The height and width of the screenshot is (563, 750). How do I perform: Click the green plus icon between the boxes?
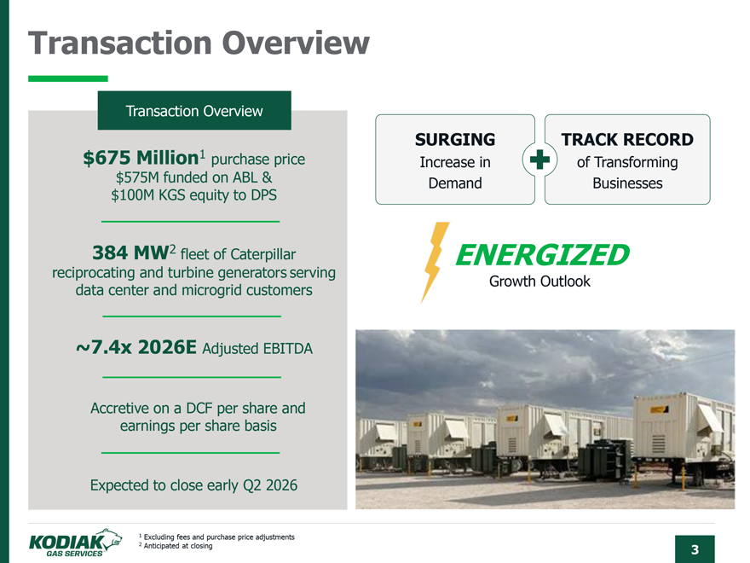(539, 160)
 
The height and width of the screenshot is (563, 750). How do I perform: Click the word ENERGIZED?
(542, 254)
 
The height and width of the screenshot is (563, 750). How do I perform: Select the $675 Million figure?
(141, 158)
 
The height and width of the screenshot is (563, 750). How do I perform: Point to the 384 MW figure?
(130, 252)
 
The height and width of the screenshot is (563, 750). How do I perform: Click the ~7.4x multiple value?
(103, 347)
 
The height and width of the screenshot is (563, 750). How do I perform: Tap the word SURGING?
(455, 139)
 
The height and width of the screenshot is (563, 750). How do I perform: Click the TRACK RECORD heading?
(627, 139)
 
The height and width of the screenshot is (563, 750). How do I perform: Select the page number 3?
(695, 549)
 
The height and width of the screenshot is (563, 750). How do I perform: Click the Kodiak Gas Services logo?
(75, 543)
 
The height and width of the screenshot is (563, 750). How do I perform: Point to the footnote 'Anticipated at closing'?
(178, 546)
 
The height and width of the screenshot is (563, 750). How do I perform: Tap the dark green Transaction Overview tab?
(194, 111)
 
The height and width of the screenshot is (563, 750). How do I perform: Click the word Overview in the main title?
(296, 44)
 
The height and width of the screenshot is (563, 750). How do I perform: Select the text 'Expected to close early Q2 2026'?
(193, 485)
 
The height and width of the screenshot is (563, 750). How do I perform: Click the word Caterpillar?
(262, 254)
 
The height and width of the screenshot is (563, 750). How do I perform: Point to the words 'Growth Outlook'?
(539, 281)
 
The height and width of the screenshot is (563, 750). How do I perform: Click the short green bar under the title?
(68, 78)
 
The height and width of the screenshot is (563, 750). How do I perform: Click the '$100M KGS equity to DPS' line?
(193, 195)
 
